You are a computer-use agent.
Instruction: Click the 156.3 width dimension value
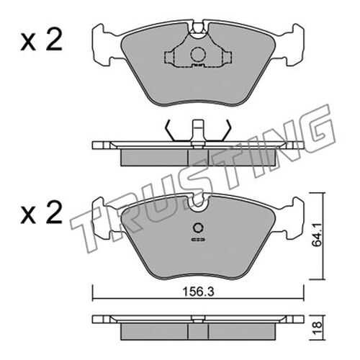point(198,292)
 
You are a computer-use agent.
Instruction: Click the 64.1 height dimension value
point(317,236)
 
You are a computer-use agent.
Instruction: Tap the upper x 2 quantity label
point(41,41)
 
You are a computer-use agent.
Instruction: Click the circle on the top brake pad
point(198,55)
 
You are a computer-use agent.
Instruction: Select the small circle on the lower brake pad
point(198,228)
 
